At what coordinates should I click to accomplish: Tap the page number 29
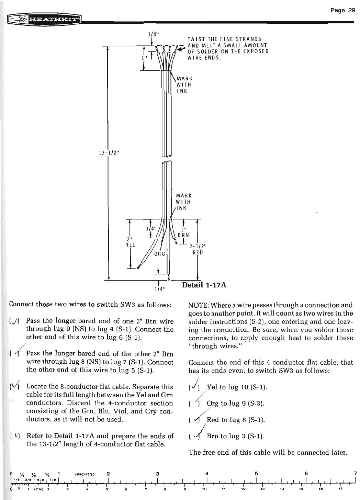point(342,10)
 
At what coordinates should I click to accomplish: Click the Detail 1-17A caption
point(204,285)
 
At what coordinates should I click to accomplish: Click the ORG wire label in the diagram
point(160,254)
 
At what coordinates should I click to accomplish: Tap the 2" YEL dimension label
point(131,242)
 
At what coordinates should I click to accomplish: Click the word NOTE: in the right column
point(199,305)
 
